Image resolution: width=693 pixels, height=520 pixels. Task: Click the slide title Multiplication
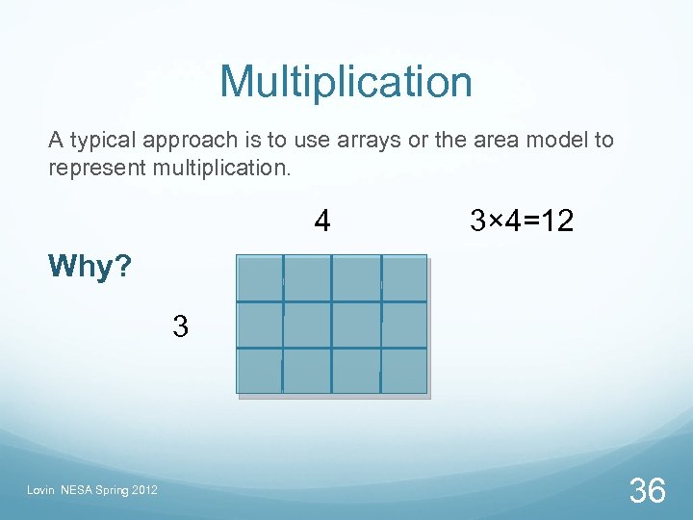346,82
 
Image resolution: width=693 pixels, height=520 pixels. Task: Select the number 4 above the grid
322,222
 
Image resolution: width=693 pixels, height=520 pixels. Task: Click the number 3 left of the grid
180,326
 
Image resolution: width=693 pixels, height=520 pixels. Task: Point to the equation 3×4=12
522,222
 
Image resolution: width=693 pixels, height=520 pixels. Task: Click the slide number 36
647,491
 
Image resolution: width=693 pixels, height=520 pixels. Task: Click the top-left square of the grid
260,279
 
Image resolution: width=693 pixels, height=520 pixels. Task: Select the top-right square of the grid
404,279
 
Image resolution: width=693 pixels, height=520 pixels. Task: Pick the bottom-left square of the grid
260,371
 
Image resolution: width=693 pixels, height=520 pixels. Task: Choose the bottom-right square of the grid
404,371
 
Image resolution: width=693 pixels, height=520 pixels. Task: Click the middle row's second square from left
307,325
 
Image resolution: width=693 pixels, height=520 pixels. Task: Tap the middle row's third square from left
356,325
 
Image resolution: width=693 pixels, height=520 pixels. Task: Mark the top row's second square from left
307,279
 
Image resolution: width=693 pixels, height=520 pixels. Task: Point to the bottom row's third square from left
356,371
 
